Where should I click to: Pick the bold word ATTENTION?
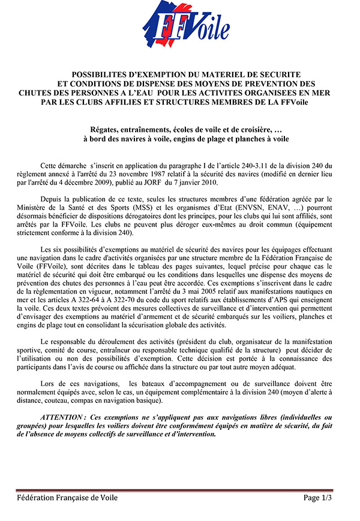62,416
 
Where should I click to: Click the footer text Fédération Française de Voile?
67,498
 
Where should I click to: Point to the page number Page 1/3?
317,498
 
